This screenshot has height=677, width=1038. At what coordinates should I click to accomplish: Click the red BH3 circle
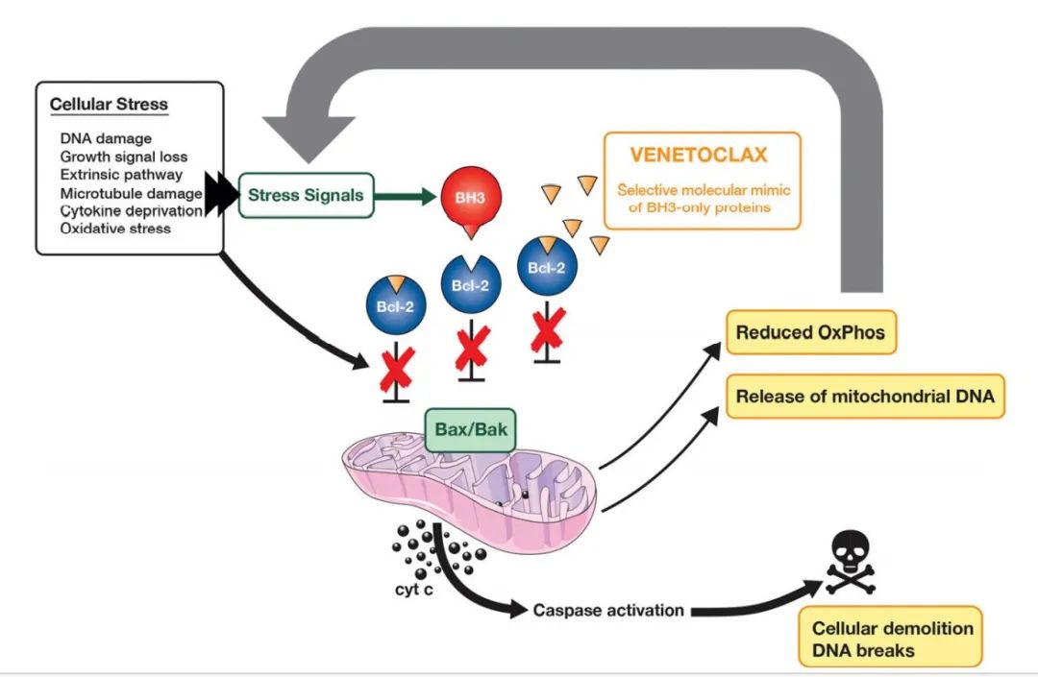click(471, 198)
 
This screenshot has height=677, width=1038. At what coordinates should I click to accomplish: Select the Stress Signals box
click(306, 195)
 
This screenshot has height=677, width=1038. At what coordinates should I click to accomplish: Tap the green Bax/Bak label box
click(471, 430)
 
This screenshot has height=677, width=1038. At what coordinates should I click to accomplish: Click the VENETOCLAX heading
click(699, 155)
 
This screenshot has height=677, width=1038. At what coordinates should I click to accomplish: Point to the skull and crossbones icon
click(851, 562)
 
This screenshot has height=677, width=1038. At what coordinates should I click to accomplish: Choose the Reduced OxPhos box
click(811, 332)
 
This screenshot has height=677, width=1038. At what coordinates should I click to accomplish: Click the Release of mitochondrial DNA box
click(865, 396)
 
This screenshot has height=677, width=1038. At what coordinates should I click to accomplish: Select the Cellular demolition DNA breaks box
click(892, 639)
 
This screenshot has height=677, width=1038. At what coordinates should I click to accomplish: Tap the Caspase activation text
click(608, 610)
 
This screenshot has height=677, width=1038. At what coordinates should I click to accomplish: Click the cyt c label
click(413, 589)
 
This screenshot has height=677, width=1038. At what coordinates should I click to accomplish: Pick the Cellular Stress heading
click(110, 105)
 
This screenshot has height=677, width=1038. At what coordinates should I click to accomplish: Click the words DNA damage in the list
click(106, 139)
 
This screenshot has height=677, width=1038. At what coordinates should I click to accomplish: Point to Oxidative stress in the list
click(115, 229)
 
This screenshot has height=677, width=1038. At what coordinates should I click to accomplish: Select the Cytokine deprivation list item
click(131, 211)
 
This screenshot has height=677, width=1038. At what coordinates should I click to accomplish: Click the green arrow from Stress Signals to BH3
click(406, 196)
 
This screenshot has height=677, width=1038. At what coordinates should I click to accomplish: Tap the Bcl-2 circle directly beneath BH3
click(471, 283)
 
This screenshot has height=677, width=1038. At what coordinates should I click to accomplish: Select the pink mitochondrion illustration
click(469, 484)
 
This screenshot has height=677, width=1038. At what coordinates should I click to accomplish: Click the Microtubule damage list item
click(131, 194)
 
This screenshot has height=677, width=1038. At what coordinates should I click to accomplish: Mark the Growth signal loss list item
click(124, 157)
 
